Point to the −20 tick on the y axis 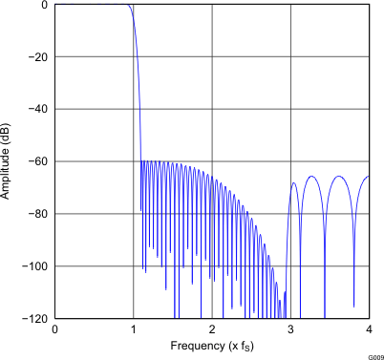39,57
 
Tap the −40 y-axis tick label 39,109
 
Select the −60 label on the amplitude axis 39,161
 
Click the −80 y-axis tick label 39,214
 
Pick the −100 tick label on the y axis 37,265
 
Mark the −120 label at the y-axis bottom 37,318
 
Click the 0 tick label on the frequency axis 54,328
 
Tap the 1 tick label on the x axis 133,328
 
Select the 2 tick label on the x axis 212,328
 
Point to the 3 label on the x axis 290,328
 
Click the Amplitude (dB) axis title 9,161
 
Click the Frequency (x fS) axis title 211,345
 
